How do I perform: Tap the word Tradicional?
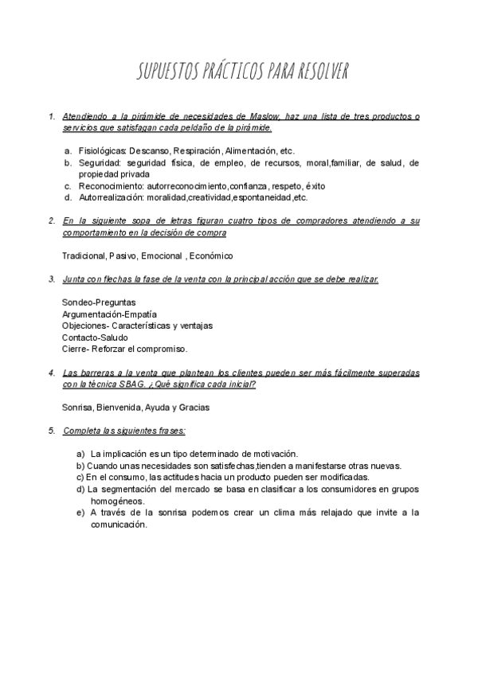click(84, 256)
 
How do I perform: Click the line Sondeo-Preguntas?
click(99, 302)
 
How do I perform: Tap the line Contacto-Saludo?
click(95, 337)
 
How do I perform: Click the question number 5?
click(51, 431)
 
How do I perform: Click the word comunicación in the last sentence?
click(118, 524)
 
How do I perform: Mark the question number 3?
click(51, 279)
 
